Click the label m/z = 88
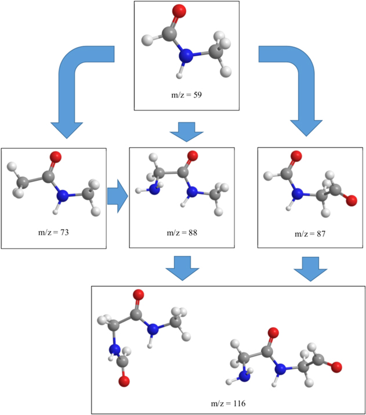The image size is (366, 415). click(x=181, y=232)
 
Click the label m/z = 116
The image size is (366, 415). click(x=228, y=403)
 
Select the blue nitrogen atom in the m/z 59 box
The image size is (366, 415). click(x=185, y=56)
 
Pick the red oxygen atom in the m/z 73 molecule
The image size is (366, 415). click(x=56, y=156)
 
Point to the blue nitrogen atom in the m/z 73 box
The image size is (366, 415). click(x=61, y=196)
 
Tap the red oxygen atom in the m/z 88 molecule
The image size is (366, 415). click(x=192, y=156)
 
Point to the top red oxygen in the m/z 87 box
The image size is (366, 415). click(x=295, y=156)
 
